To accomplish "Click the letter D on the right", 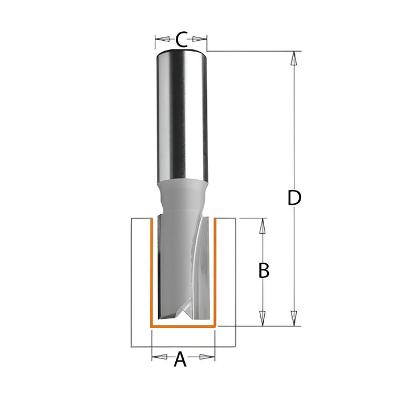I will tap(293, 198).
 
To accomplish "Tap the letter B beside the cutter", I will tap(263, 271).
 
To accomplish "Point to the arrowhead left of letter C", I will tap(161, 39).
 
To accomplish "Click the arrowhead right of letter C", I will tap(201, 39).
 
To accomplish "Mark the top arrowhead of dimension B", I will tap(262, 225).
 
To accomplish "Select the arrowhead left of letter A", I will tap(158, 357).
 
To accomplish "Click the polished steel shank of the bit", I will tap(181, 113).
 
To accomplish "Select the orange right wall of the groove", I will tap(216, 272).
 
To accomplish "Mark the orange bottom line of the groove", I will tap(183, 327).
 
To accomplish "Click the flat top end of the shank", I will tap(181, 50).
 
